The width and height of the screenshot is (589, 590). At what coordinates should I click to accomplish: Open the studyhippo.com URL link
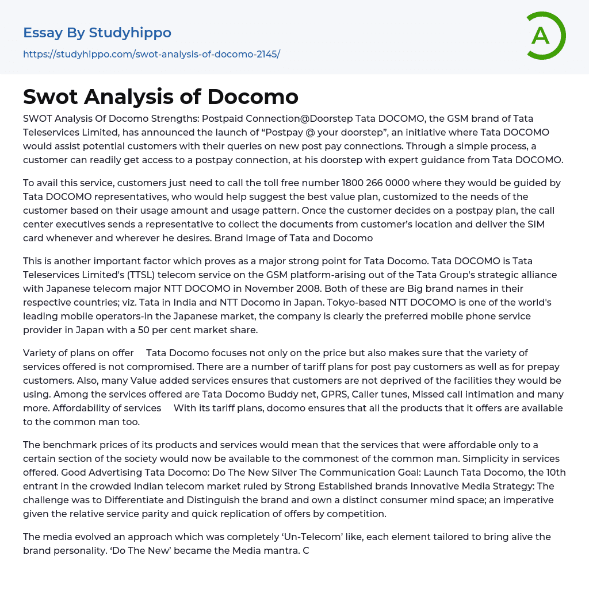151,54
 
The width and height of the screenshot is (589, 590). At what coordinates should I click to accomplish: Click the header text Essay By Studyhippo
97,33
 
